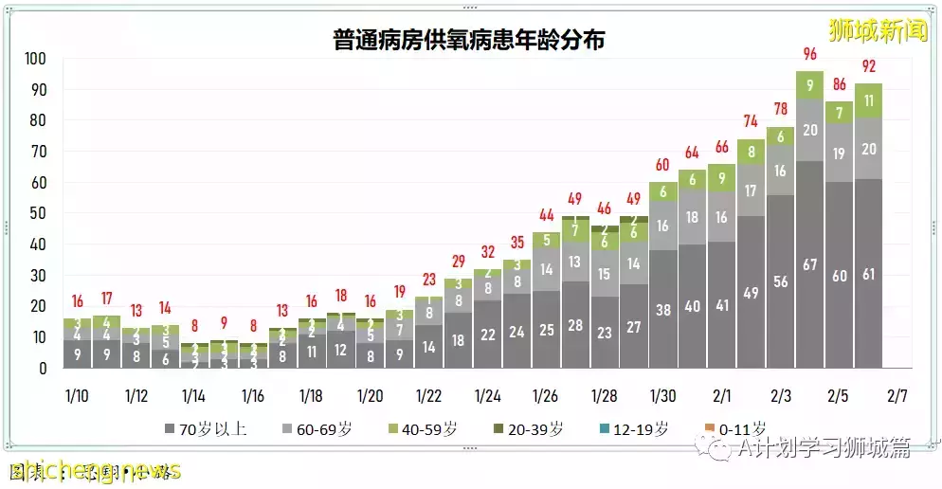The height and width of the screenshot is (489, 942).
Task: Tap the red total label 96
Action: coord(809,54)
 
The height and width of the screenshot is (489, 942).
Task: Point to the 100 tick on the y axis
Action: coord(34,59)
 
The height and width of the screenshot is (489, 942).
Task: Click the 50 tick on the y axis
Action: coord(38,213)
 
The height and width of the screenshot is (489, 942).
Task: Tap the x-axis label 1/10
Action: coord(77,396)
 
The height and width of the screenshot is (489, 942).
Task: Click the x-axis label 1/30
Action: coord(663,396)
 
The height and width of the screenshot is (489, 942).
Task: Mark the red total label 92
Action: coord(868,66)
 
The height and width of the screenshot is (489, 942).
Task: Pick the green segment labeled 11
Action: coord(868,100)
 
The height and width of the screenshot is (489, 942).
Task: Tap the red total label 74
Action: coord(751,121)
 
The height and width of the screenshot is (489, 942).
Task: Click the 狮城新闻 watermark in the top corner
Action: coord(877,29)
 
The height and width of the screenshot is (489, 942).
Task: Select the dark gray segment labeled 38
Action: coord(663,309)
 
